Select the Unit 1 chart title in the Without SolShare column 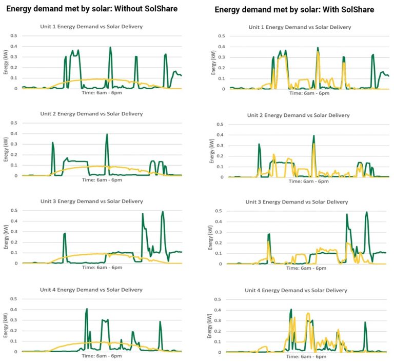click(x=91, y=26)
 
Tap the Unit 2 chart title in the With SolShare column click(x=298, y=115)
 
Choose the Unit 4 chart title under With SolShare click(x=295, y=290)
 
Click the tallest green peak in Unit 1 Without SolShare click(x=110, y=48)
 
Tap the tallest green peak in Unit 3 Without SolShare click(x=163, y=212)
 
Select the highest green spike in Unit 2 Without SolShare click(x=107, y=135)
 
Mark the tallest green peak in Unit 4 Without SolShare click(x=87, y=309)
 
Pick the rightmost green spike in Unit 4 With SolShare click(x=365, y=323)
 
